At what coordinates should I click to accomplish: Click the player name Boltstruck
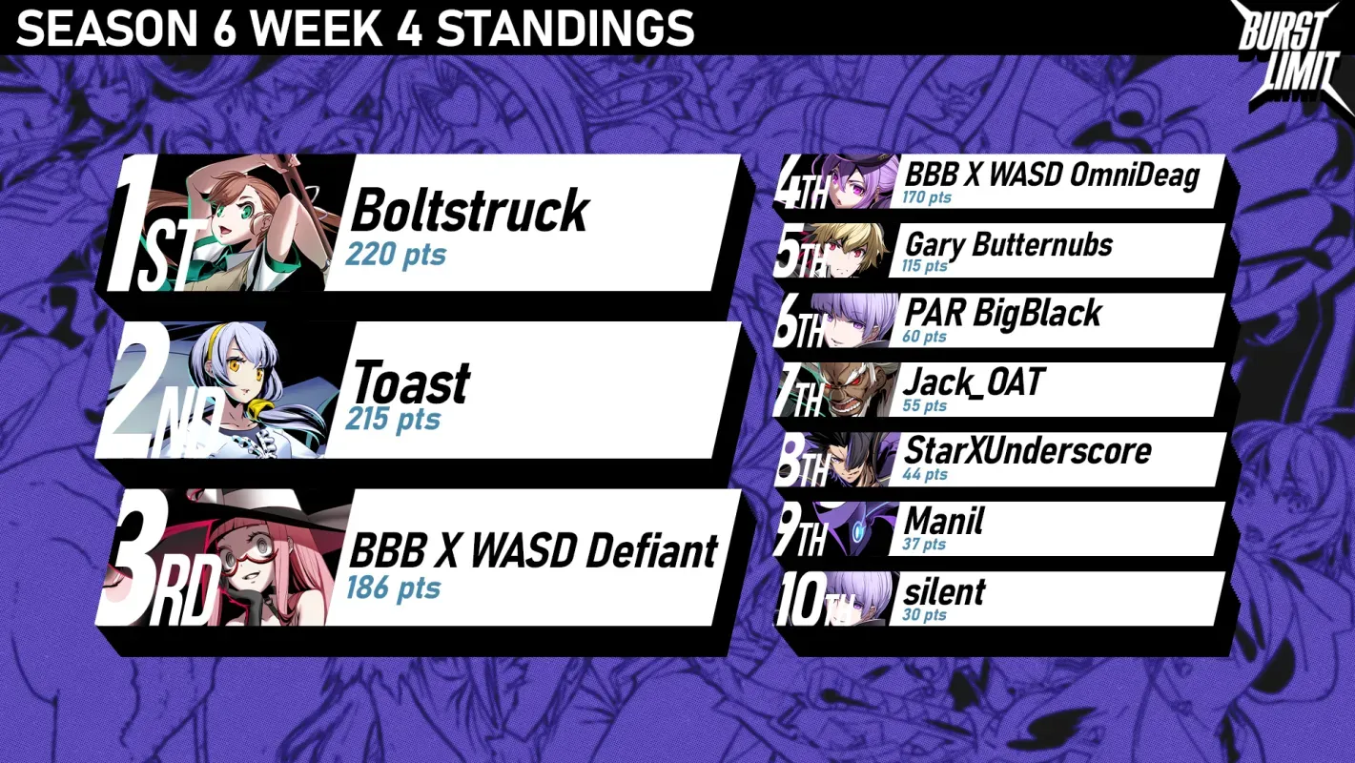coord(470,211)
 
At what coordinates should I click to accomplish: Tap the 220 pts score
coord(396,254)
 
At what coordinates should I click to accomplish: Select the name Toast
coord(411,382)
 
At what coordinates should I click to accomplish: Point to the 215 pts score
coord(393,420)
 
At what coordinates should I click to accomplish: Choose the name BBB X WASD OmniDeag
coord(1052,175)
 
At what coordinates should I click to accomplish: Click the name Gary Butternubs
coord(1009,245)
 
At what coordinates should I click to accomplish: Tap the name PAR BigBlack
coord(1002,314)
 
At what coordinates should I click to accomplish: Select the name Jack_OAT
coord(974,383)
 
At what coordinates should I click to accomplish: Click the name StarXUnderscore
coord(1027,451)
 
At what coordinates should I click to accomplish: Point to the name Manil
coord(944,521)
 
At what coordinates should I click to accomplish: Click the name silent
coord(944,591)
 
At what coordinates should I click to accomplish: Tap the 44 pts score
coord(925,474)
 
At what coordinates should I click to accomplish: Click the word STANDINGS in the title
coord(565,28)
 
